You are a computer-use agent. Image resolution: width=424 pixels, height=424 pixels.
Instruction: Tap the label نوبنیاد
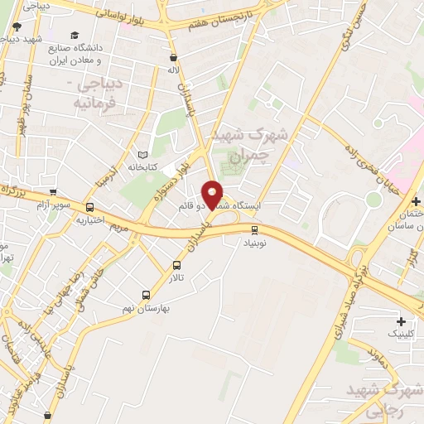254,244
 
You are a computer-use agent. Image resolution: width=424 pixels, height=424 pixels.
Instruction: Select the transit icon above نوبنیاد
254,230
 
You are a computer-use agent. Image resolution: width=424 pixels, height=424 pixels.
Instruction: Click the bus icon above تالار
176,266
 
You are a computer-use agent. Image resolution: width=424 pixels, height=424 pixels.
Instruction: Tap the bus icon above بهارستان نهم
147,294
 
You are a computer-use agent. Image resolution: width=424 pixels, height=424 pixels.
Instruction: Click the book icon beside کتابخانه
142,155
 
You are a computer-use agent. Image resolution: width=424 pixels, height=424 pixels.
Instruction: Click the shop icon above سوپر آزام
53,192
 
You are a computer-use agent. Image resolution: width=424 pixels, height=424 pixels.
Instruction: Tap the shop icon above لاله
173,58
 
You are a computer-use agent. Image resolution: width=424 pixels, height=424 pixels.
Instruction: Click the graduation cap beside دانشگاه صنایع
75,36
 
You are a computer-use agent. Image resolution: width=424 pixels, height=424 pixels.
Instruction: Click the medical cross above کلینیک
402,320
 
